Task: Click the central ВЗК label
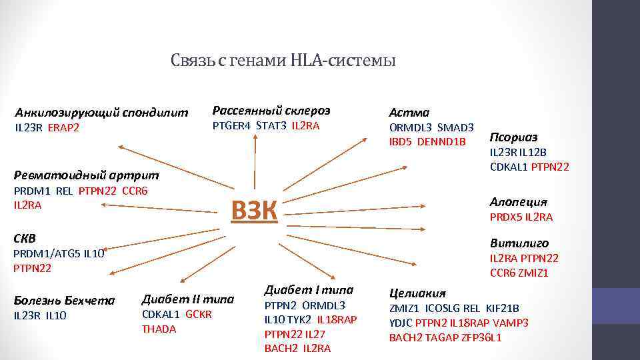[253, 211]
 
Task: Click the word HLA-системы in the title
[343, 61]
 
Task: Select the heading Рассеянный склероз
[271, 110]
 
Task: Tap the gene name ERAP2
[63, 128]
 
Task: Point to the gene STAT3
[271, 125]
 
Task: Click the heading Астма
[409, 113]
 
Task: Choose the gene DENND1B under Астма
[441, 141]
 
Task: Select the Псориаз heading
[514, 137]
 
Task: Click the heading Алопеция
[519, 201]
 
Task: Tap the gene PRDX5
[505, 217]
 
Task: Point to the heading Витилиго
[519, 243]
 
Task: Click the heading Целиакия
[417, 293]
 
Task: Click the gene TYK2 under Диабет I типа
[299, 319]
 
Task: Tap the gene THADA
[159, 329]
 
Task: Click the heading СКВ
[25, 238]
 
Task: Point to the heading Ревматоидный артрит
[87, 175]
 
